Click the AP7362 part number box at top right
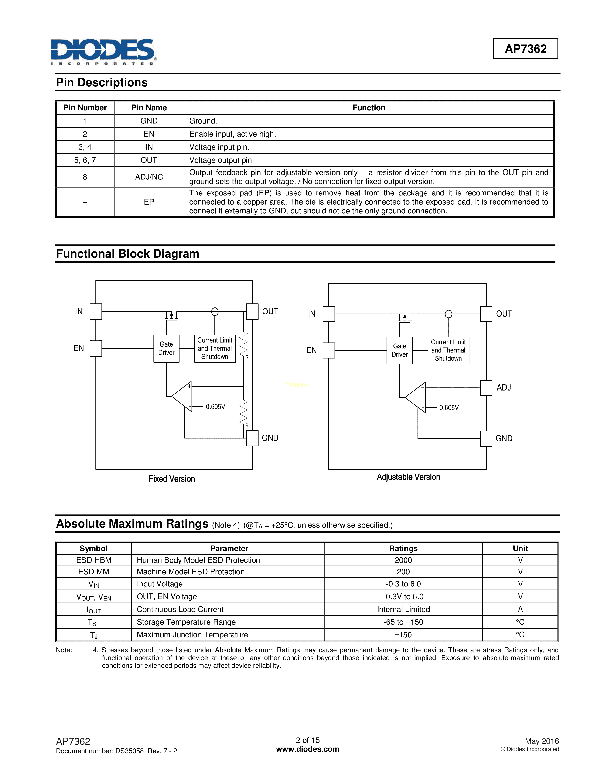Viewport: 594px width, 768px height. point(525,49)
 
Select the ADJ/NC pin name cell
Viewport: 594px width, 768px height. point(149,177)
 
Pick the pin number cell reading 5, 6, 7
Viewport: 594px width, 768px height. point(85,160)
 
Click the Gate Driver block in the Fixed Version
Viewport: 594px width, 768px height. point(167,348)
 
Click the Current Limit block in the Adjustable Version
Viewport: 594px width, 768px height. point(448,350)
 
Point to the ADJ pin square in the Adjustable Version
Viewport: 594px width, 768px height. point(486,388)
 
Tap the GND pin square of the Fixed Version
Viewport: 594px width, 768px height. point(252,438)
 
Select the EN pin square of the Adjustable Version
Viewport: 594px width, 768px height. point(329,350)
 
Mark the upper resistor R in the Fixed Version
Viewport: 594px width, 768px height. point(243,344)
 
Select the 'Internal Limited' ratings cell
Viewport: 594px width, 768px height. point(403,610)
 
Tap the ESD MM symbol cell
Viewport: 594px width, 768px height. point(94,572)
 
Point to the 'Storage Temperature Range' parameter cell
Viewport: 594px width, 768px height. point(186,622)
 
